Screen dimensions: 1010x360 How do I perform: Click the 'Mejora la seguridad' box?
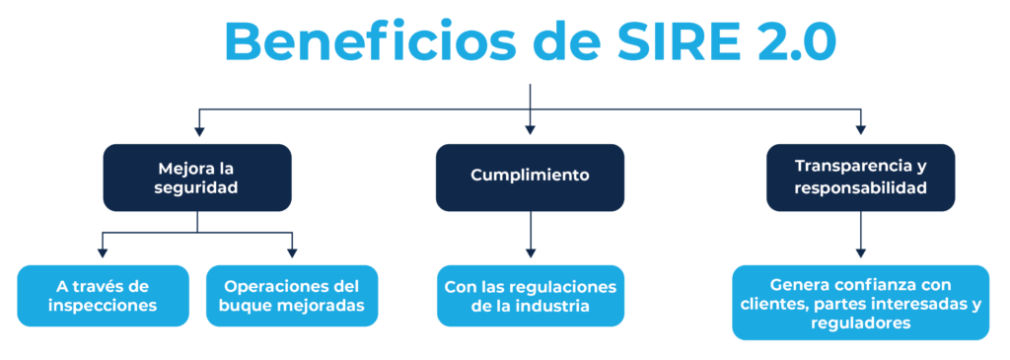coord(197,178)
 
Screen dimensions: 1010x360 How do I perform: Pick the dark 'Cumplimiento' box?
coord(530,178)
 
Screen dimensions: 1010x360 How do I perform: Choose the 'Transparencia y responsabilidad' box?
coord(860,178)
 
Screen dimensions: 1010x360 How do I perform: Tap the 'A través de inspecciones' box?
coord(103,296)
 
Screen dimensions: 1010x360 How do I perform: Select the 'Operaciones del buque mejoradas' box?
coord(292,296)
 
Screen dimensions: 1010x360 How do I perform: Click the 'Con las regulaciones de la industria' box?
coord(530,296)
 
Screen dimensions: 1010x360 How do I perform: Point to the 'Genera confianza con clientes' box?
coord(860,302)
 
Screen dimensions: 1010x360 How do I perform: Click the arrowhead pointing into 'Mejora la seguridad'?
coord(198,129)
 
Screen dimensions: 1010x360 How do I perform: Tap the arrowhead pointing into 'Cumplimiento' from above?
coord(530,129)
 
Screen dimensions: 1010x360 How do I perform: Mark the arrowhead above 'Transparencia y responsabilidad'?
coord(860,129)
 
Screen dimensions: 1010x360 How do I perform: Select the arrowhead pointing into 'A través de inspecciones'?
coord(103,252)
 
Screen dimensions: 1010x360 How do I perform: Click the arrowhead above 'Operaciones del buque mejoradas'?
coord(292,252)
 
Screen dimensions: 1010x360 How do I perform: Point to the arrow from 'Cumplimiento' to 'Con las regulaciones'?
coord(530,239)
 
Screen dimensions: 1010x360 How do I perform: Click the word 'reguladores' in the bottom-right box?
coord(860,324)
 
